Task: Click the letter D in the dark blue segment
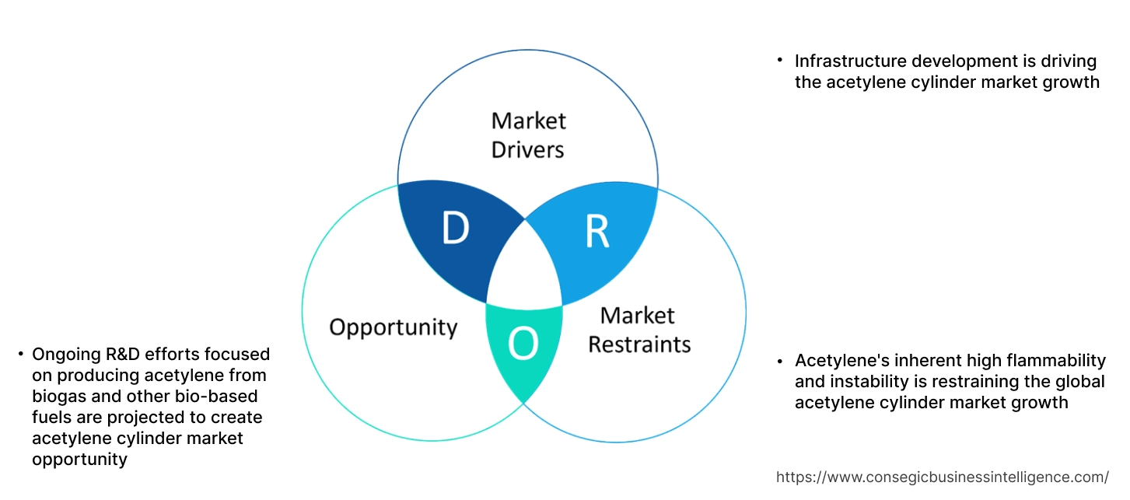pyautogui.click(x=456, y=228)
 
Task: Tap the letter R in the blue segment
pyautogui.click(x=596, y=232)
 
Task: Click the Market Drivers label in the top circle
pyautogui.click(x=528, y=135)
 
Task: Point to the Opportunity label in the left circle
pyautogui.click(x=393, y=327)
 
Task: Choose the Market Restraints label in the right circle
pyautogui.click(x=638, y=329)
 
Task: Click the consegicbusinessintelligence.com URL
pyautogui.click(x=943, y=477)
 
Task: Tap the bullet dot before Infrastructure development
pyautogui.click(x=779, y=61)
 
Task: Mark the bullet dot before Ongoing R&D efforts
pyautogui.click(x=19, y=355)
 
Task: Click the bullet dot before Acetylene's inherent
pyautogui.click(x=779, y=361)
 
